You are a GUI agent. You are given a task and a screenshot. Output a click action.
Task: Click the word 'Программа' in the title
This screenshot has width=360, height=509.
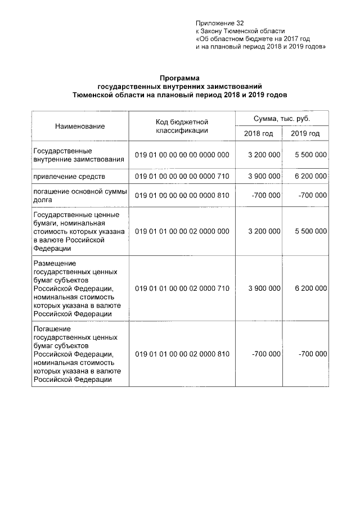pyautogui.click(x=179, y=79)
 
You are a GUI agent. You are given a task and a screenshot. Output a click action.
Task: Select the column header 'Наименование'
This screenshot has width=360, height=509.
pyautogui.click(x=80, y=127)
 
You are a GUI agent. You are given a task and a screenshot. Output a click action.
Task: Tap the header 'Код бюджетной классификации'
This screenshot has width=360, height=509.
pyautogui.click(x=182, y=126)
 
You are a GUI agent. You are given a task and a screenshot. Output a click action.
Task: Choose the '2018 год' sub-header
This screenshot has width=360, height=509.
pyautogui.click(x=258, y=134)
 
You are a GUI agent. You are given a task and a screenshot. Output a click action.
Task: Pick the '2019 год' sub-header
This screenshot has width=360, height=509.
pyautogui.click(x=305, y=134)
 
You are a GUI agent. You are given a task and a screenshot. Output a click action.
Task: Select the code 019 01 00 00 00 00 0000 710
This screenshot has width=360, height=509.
pyautogui.click(x=182, y=177)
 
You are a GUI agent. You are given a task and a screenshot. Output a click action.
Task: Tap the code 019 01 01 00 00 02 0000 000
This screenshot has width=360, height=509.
pyautogui.click(x=182, y=231)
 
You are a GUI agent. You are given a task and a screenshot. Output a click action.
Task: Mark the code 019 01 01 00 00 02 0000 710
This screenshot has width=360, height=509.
pyautogui.click(x=182, y=289)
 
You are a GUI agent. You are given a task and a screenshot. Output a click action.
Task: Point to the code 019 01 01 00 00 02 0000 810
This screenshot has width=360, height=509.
pyautogui.click(x=182, y=354)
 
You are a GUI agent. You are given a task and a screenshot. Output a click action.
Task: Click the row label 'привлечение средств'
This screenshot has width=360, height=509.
pyautogui.click(x=69, y=177)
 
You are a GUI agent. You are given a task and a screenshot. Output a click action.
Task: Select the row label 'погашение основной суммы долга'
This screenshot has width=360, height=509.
pyautogui.click(x=79, y=195)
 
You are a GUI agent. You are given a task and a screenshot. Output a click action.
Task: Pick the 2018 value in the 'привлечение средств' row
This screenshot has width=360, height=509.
pyautogui.click(x=264, y=177)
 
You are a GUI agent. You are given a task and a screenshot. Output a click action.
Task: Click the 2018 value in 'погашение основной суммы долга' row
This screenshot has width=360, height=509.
pyautogui.click(x=267, y=195)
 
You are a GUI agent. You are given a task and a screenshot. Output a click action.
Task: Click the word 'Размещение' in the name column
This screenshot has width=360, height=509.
pyautogui.click(x=55, y=263)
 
